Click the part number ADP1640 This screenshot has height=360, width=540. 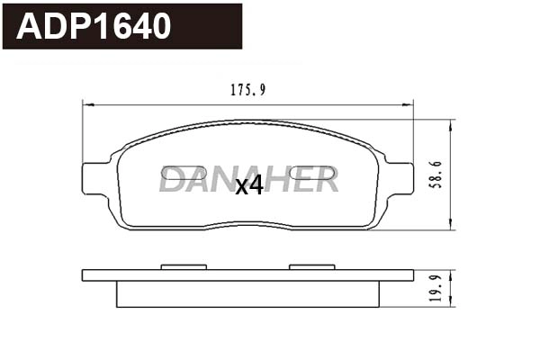(94, 26)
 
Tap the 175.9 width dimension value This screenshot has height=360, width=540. (247, 90)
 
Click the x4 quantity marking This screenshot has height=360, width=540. (248, 186)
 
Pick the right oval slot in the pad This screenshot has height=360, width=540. (312, 173)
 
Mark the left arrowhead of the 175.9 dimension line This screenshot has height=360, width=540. (86, 104)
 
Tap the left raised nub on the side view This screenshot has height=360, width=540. (184, 266)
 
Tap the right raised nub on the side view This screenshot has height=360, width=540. (312, 266)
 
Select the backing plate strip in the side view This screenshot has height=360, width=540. (247, 274)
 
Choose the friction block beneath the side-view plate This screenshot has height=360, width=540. (247, 293)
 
